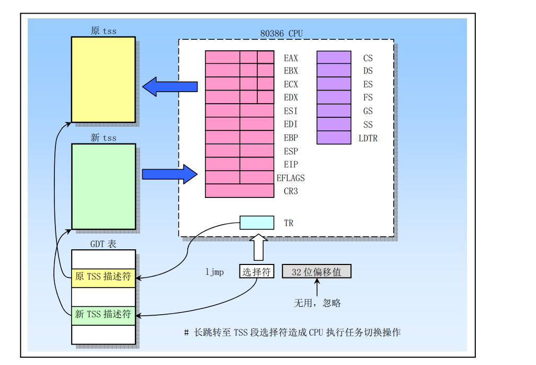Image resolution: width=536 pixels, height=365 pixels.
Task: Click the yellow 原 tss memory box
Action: click(x=103, y=79)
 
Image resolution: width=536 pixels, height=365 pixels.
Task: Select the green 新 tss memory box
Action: click(x=103, y=186)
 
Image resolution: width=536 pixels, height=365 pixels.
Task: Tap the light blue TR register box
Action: click(x=257, y=223)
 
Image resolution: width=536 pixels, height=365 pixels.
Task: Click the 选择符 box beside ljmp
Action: click(x=257, y=271)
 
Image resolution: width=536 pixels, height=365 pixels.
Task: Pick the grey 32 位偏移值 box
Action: click(x=316, y=271)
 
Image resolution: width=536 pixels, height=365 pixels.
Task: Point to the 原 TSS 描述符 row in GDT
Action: click(x=103, y=276)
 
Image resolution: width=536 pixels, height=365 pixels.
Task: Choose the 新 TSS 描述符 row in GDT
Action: click(x=103, y=314)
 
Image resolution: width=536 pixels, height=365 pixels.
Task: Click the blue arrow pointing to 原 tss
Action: click(x=169, y=86)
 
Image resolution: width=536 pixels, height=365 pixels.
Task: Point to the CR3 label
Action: click(x=291, y=191)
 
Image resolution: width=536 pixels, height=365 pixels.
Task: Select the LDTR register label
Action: click(x=368, y=138)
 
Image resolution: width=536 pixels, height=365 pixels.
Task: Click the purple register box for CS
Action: click(x=334, y=57)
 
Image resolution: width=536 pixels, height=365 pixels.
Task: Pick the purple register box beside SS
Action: click(x=334, y=124)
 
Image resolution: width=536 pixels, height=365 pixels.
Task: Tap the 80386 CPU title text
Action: click(x=281, y=34)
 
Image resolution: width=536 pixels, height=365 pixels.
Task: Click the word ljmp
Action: click(x=214, y=272)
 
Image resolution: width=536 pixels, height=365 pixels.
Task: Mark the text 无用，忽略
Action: click(x=317, y=303)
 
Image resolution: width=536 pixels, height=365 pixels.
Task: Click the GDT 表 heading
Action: click(x=103, y=244)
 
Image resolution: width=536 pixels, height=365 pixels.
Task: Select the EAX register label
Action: click(x=291, y=58)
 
